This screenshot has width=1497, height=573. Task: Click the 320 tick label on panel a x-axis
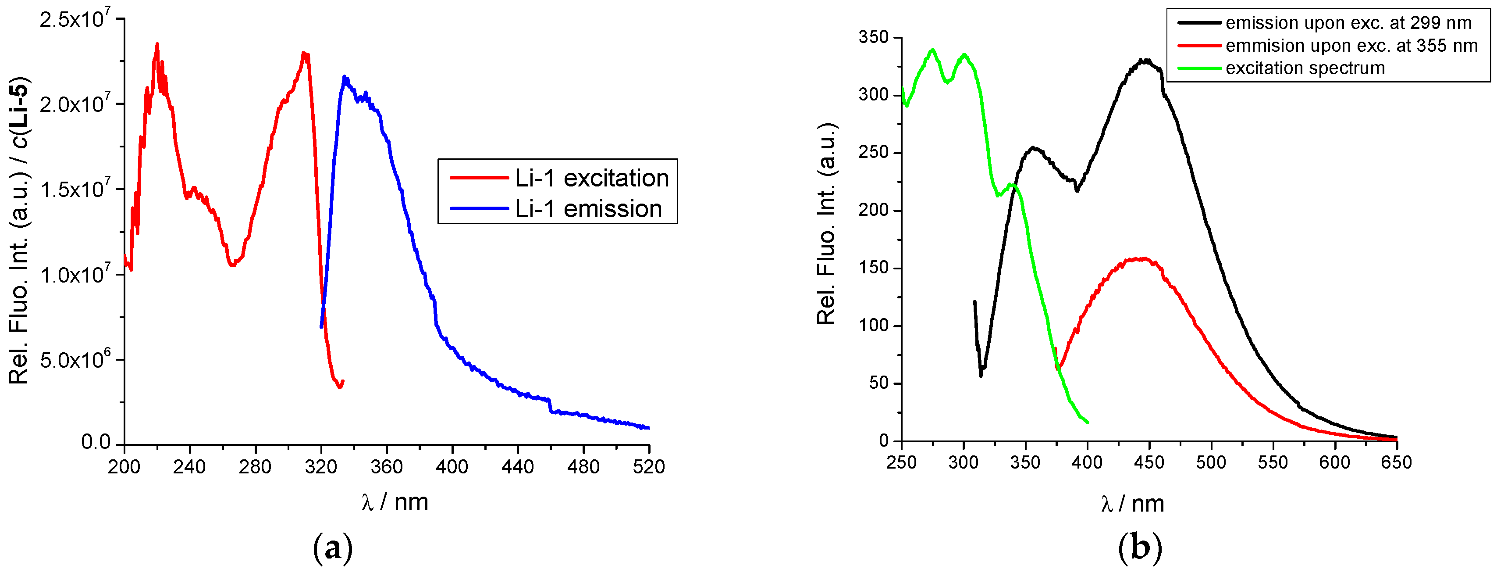tap(321, 466)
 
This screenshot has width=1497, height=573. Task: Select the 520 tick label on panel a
tap(648, 466)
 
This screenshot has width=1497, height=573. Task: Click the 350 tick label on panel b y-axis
tap(874, 37)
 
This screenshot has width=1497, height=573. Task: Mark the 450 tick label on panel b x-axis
tap(1149, 462)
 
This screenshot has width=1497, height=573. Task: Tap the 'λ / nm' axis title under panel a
tap(395, 502)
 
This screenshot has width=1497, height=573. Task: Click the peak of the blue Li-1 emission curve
tap(345, 76)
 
